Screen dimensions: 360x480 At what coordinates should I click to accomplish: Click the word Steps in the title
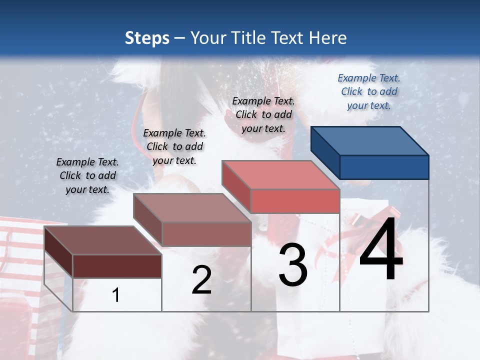coord(147,38)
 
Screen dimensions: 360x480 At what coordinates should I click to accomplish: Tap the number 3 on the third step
coord(292,265)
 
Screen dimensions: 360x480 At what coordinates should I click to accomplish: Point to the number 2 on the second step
coord(201,280)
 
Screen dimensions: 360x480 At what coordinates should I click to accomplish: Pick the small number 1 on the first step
coord(116,295)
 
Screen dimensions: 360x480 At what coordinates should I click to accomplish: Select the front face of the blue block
coord(384,167)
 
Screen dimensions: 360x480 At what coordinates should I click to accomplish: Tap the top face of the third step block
coord(280,175)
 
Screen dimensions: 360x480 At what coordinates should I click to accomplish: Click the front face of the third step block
coord(295,201)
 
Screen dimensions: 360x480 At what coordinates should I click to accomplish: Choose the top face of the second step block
coord(191,207)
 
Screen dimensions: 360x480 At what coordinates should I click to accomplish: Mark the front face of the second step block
coord(206,234)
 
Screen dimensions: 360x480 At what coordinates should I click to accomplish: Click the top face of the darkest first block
coord(102,240)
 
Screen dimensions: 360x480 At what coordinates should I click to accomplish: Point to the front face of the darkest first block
coord(117,266)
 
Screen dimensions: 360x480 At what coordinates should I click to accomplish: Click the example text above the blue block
coord(369,91)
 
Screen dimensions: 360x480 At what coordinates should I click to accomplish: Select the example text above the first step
coord(87,175)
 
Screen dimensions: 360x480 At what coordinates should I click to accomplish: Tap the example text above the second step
coord(174,146)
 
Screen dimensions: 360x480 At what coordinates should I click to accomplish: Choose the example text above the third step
coord(263,114)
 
